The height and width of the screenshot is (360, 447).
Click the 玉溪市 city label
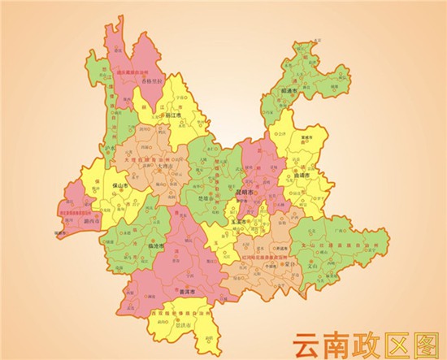coord(238,221)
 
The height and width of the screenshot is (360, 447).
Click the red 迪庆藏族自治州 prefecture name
coord(133,72)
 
